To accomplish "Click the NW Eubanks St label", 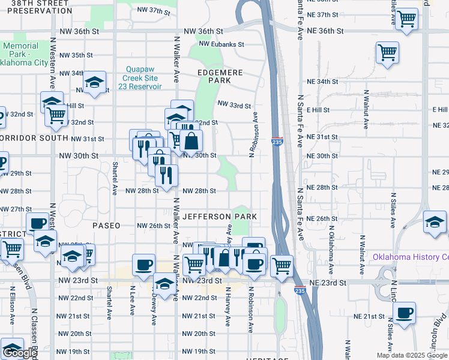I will tap(222, 44).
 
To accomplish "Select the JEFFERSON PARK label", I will tap(220, 217).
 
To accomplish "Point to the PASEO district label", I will tap(107, 226).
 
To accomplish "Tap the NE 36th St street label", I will tap(324, 31).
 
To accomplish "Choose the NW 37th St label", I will tap(154, 11).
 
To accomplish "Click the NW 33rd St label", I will tap(234, 106).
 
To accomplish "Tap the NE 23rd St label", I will tap(328, 283).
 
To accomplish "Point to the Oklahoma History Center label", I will tap(411, 257).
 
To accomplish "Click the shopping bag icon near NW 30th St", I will tap(191, 142).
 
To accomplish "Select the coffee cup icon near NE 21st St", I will tap(404, 313).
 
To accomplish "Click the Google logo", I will tap(19, 353).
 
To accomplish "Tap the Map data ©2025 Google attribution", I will tap(411, 355).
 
